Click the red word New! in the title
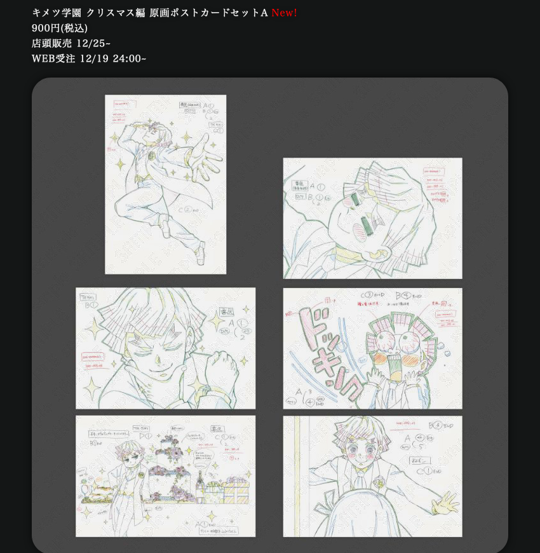[284, 13]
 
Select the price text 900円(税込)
[60, 28]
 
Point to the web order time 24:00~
[130, 58]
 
